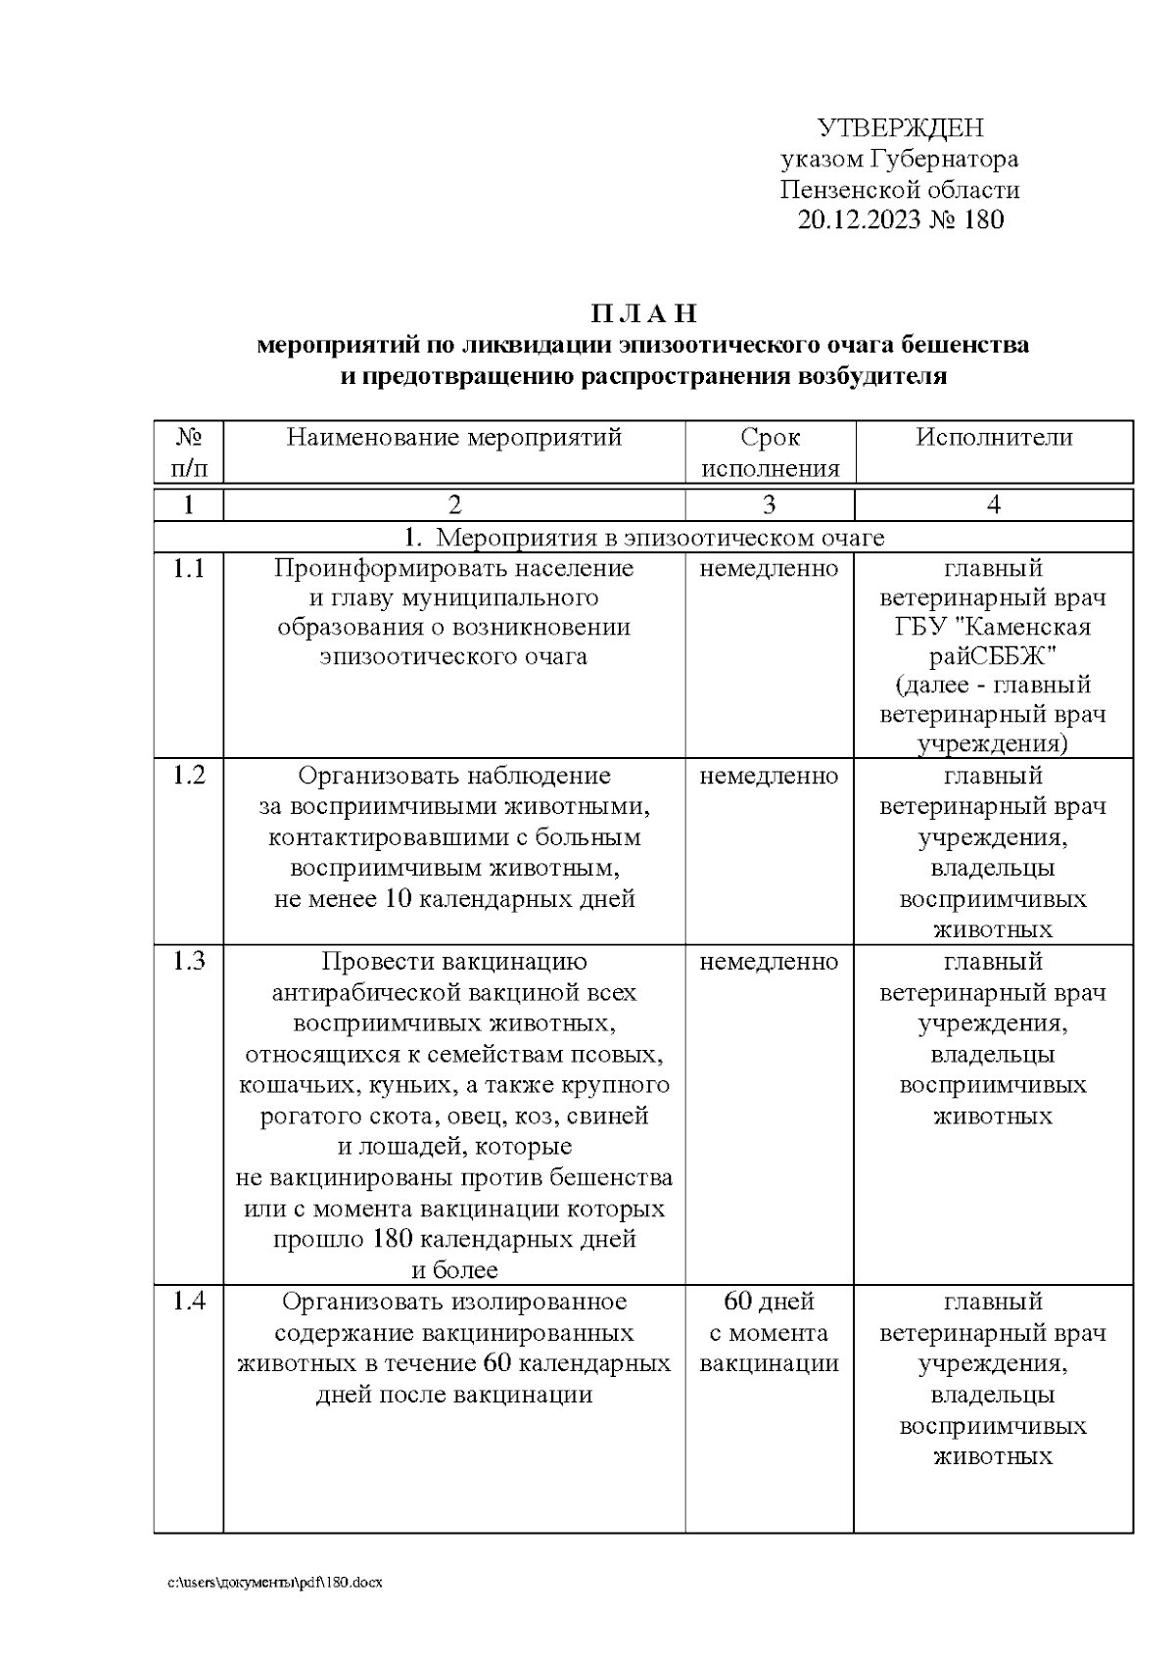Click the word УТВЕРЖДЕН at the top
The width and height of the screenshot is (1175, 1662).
pyautogui.click(x=900, y=128)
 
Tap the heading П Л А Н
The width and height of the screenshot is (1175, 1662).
pyautogui.click(x=643, y=313)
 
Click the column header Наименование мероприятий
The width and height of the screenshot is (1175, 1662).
pyautogui.click(x=454, y=437)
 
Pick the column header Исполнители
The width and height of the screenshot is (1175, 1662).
pyautogui.click(x=994, y=437)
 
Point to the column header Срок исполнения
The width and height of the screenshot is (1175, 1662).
pyautogui.click(x=770, y=452)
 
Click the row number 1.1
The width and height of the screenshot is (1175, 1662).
pyautogui.click(x=189, y=568)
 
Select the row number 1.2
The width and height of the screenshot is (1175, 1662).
pyautogui.click(x=189, y=776)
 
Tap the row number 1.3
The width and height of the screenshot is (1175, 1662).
pyautogui.click(x=189, y=962)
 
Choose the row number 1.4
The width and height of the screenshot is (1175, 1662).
pyautogui.click(x=189, y=1302)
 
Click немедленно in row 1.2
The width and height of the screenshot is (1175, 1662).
pyautogui.click(x=770, y=776)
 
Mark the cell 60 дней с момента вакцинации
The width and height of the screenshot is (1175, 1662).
pyautogui.click(x=770, y=1332)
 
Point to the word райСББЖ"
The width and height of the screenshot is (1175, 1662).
pyautogui.click(x=993, y=655)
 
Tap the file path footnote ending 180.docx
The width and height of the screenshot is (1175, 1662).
pyautogui.click(x=275, y=1582)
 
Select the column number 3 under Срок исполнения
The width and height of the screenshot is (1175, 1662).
pyautogui.click(x=770, y=504)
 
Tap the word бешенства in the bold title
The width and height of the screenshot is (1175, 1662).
pyautogui.click(x=964, y=345)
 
